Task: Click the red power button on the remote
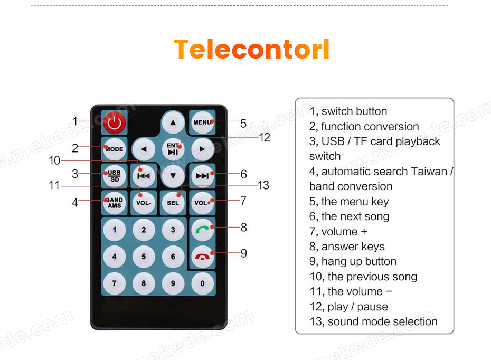pyautogui.click(x=114, y=122)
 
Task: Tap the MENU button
pyautogui.click(x=202, y=122)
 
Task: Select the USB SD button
pyautogui.click(x=114, y=176)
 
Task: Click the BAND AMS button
pyautogui.click(x=114, y=203)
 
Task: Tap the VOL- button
pyautogui.click(x=144, y=203)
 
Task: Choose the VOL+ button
pyautogui.click(x=202, y=203)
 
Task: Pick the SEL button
pyautogui.click(x=173, y=203)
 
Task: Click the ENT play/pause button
pyautogui.click(x=173, y=149)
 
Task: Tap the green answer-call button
pyautogui.click(x=202, y=230)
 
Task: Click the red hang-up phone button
pyautogui.click(x=202, y=257)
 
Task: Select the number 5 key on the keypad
pyautogui.click(x=144, y=257)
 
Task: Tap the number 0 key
pyautogui.click(x=202, y=283)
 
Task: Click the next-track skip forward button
pyautogui.click(x=202, y=176)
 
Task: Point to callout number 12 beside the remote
pyautogui.click(x=265, y=137)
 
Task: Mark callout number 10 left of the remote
pyautogui.click(x=54, y=160)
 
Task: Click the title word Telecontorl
pyautogui.click(x=251, y=49)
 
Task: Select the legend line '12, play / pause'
pyautogui.click(x=349, y=307)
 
